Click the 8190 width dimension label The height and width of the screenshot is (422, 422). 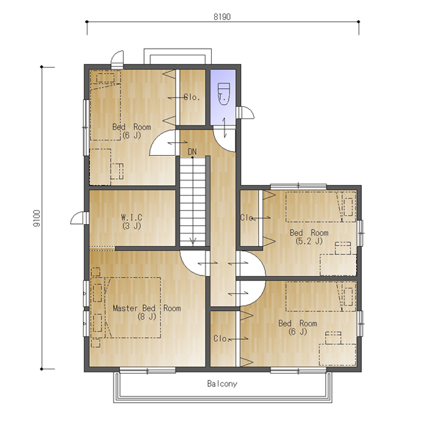point(222,17)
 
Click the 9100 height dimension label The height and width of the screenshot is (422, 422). point(37,218)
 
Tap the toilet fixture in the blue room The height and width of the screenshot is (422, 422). point(223,93)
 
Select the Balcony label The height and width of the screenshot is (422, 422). point(222,384)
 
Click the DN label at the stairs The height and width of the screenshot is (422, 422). point(192,152)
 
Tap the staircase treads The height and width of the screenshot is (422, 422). point(192,202)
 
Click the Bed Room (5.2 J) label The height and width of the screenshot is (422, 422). point(309,236)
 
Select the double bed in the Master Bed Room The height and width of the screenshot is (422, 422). point(126,308)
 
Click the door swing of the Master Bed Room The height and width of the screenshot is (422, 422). point(193,263)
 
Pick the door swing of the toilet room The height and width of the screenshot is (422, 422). point(224,141)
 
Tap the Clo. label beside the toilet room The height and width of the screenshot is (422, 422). point(192,97)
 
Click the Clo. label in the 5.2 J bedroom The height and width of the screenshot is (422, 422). point(247,217)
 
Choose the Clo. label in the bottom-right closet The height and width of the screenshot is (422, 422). point(221,339)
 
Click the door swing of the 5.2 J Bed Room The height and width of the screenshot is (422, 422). point(251,263)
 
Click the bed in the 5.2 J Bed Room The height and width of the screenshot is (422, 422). point(321,207)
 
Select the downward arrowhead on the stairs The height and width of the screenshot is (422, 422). point(193,241)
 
